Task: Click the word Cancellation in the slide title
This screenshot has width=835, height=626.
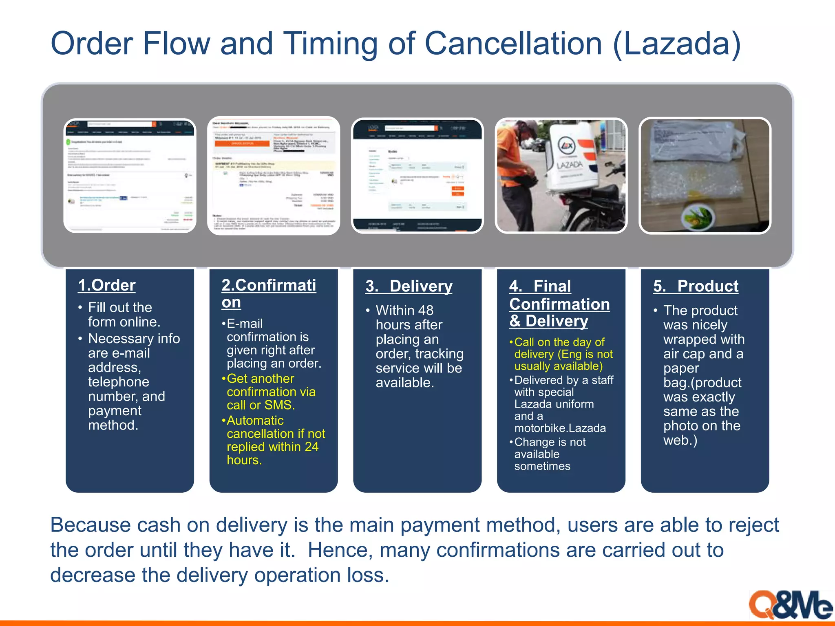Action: pos(513,44)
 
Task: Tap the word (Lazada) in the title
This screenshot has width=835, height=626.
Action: pos(677,44)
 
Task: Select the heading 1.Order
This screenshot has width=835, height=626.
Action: pos(107,285)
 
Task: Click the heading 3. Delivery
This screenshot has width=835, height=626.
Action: pos(409,286)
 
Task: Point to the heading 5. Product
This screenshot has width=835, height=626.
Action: pos(696,286)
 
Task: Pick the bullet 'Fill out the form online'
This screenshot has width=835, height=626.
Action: pos(124,314)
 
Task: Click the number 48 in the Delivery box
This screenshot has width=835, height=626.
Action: pos(425,310)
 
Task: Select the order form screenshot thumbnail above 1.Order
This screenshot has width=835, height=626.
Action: pos(130,176)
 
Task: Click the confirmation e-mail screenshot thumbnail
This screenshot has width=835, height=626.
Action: pos(274,176)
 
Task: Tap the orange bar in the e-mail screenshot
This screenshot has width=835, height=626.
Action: pos(242,143)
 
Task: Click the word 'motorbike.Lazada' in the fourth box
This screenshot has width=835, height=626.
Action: pos(560,428)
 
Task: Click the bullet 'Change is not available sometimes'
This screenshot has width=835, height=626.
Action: pos(550,454)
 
